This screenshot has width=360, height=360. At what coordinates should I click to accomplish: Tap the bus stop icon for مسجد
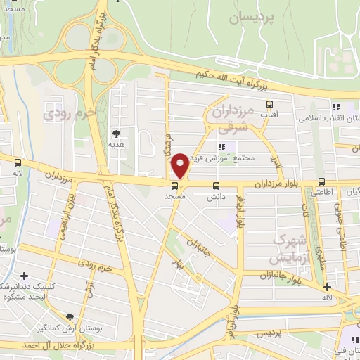point(174,186)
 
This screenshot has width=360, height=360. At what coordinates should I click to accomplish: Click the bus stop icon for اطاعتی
point(321,180)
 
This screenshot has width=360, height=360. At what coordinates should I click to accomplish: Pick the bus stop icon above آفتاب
point(269,104)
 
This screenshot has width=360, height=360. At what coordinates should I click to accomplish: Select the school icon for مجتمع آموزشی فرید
point(221,147)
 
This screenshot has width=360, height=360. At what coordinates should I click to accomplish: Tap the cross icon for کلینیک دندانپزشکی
point(24,276)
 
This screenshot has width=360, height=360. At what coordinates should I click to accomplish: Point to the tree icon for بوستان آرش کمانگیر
point(68,317)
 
